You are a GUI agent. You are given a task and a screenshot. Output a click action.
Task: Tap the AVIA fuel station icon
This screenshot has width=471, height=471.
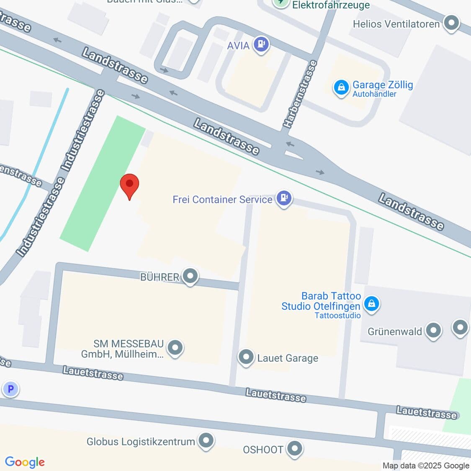coord(262,44)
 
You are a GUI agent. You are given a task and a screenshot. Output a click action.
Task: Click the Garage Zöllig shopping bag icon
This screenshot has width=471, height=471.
coord(341,88)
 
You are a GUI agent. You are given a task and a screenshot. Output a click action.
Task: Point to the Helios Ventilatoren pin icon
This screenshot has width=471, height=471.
coord(451,23)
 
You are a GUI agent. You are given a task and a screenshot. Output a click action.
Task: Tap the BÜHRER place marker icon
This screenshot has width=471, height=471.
coord(190,276)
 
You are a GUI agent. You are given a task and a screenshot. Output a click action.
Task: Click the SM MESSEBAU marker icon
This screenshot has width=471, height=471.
coord(175,347)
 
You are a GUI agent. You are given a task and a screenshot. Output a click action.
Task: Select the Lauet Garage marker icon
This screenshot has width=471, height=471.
coord(246,357)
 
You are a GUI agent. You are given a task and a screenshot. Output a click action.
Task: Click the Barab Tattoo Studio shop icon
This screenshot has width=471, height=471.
coord(371,304)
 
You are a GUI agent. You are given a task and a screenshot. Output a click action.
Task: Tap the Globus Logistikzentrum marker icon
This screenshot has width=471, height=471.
coord(206,440)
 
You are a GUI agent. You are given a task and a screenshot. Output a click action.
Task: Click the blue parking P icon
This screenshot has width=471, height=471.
coord(10,389)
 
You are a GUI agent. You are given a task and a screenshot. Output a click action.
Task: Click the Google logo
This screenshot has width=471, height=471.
coord(25,462)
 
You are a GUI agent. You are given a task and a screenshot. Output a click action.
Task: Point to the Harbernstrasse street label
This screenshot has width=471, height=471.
coord(300,94)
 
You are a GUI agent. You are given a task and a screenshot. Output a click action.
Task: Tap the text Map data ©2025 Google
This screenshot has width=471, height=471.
coord(425,466)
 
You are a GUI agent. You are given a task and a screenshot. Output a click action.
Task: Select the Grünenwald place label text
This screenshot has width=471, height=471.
coord(394,332)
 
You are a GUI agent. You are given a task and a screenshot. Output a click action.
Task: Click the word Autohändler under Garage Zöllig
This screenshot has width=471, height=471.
coord(374,94)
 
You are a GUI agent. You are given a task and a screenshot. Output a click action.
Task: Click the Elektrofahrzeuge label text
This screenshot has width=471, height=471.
coord(331,5)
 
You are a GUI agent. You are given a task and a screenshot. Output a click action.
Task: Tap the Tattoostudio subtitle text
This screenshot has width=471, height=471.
coord(337,316)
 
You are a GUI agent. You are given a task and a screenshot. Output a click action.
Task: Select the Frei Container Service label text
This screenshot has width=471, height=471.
coord(222,199)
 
